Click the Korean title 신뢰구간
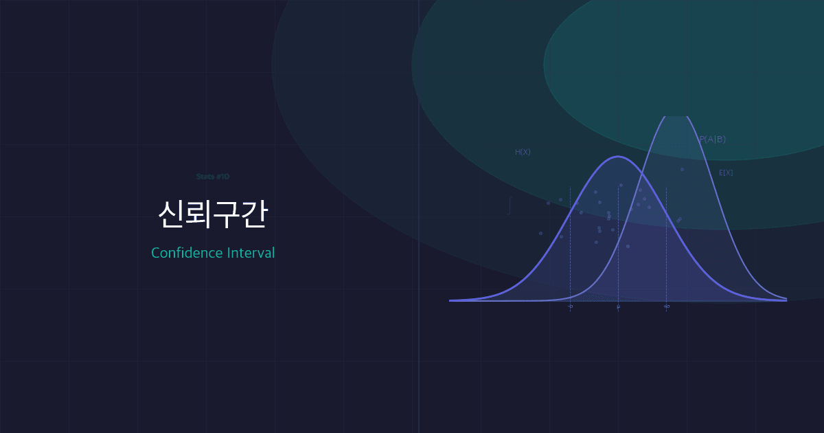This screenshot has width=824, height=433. coord(212,214)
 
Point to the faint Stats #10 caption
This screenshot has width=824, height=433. coord(212,177)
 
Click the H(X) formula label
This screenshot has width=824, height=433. coord(523,152)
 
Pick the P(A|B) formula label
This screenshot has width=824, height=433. coord(712,140)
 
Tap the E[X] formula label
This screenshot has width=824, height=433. coord(726,173)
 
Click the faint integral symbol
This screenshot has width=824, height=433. coord(509,206)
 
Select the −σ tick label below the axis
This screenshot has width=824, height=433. coord(570,307)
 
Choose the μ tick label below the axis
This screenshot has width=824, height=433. coord(618,307)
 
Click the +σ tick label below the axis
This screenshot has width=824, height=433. coord(666,307)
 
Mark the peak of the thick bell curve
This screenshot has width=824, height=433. coord(618,157)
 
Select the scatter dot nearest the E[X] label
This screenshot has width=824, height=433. coord(682,169)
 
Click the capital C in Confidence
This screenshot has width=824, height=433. coord(156,253)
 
